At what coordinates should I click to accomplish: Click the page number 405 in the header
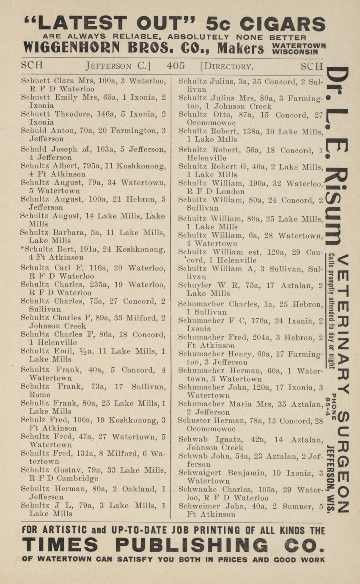(x=176, y=66)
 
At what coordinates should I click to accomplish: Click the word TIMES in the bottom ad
(x=60, y=544)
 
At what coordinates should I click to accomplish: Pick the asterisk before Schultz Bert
(x=22, y=248)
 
